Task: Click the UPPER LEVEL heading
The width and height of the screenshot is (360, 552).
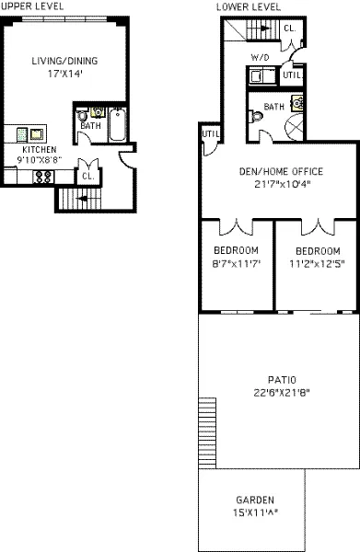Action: point(27,6)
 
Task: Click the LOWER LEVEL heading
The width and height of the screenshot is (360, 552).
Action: point(248,6)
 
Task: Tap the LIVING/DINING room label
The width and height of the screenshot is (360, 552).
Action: point(64,62)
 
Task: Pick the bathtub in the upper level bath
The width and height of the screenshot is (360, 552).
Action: point(120,126)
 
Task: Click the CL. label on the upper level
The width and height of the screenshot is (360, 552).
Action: point(87,175)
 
